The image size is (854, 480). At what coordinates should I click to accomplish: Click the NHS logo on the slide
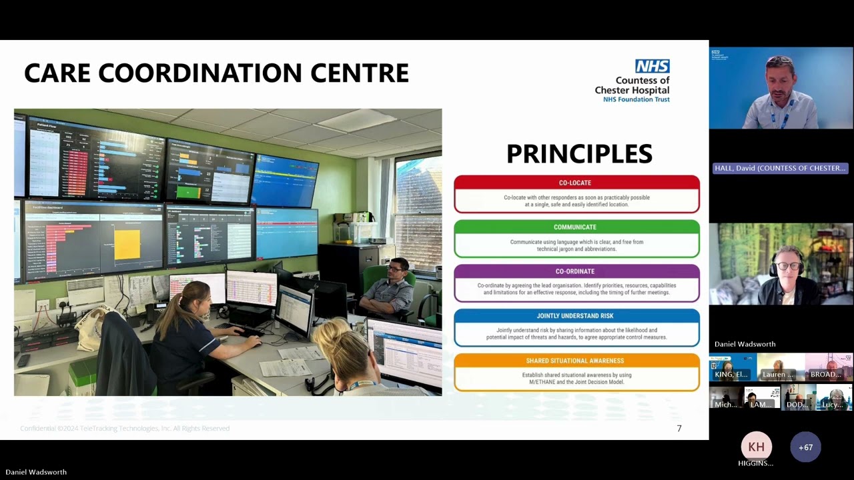(x=652, y=66)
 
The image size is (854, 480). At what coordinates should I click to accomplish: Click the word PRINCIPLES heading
(x=579, y=154)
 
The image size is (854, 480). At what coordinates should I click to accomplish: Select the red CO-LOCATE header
(x=575, y=183)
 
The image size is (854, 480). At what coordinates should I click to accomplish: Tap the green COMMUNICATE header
(x=575, y=227)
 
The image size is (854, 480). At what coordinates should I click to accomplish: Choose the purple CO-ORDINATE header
(x=575, y=271)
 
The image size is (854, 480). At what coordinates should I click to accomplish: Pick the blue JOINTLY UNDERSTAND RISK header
(x=575, y=316)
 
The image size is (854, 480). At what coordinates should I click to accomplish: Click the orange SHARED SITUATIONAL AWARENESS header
(x=575, y=361)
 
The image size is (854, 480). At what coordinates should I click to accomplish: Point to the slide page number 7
(x=679, y=429)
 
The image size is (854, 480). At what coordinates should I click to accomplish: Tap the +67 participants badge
(x=805, y=447)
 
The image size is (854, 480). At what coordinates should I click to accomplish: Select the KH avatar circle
(x=756, y=447)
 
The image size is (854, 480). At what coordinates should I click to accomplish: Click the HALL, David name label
(x=780, y=168)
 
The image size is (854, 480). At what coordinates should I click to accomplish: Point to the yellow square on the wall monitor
(x=127, y=245)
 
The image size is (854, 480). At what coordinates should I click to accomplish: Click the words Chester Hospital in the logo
(x=632, y=90)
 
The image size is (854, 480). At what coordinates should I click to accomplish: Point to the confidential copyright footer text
(x=125, y=429)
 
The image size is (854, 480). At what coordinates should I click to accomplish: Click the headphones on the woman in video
(x=773, y=267)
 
